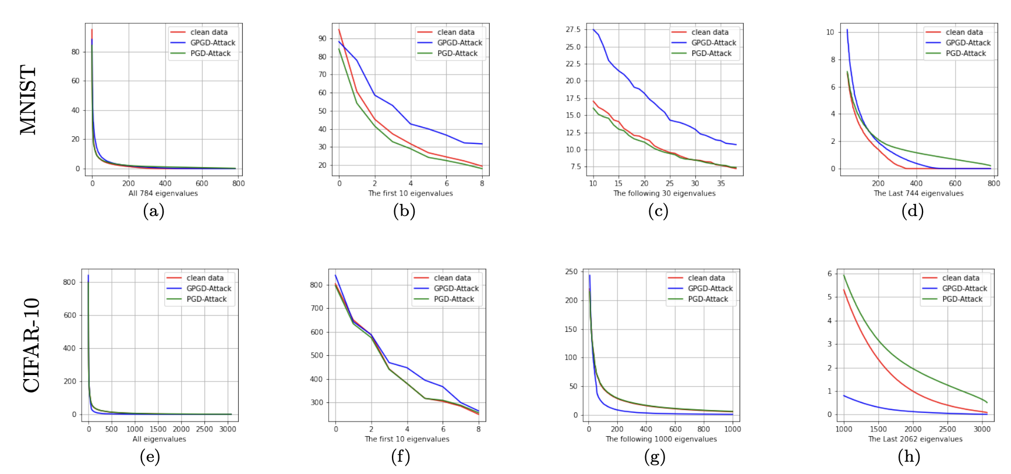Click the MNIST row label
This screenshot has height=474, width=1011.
[x=28, y=100]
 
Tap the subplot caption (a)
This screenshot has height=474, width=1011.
[x=154, y=211]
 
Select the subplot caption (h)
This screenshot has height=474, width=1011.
[x=909, y=457]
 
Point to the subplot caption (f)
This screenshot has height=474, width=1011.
[x=401, y=457]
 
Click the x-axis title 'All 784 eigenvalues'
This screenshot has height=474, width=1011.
[x=163, y=193]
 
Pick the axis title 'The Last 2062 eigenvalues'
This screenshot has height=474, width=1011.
[x=915, y=439]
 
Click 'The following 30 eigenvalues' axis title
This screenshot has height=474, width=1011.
[x=664, y=193]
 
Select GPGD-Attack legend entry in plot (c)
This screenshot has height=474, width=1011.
[x=713, y=43]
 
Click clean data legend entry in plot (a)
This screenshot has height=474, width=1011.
[x=208, y=32]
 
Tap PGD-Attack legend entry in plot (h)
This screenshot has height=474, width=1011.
[x=962, y=299]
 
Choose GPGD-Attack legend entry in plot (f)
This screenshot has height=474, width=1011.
[x=456, y=288]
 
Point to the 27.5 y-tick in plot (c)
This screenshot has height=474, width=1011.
[x=573, y=29]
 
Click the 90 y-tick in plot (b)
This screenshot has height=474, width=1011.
[x=322, y=38]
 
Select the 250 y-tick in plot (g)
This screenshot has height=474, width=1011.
[x=571, y=271]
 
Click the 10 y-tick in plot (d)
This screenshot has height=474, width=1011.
[x=830, y=32]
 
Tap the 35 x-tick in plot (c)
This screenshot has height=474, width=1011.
[x=720, y=183]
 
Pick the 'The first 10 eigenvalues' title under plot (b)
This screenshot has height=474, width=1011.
[x=410, y=193]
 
